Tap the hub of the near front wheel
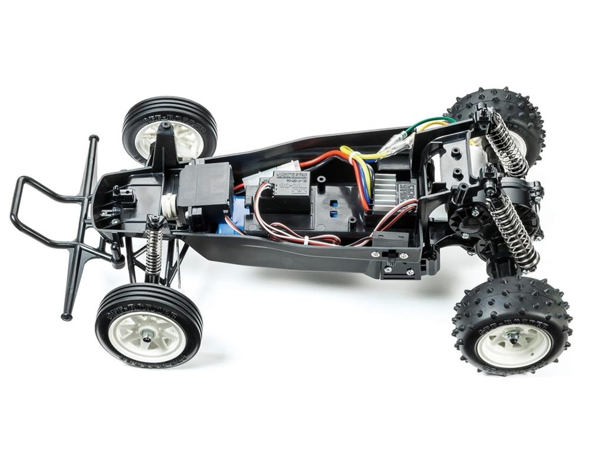pos(147,335)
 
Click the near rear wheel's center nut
pos(513,338)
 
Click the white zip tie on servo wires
pos(307,239)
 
